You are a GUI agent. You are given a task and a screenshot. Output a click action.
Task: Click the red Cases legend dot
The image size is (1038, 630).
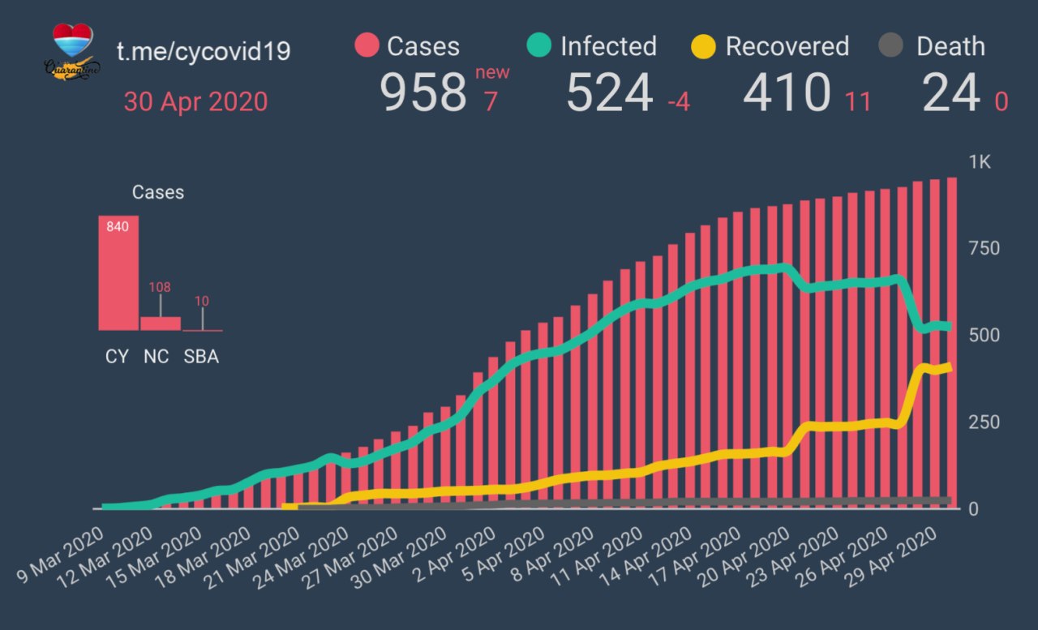(x=367, y=46)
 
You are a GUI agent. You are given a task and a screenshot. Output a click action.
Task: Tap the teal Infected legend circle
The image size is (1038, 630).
(x=538, y=46)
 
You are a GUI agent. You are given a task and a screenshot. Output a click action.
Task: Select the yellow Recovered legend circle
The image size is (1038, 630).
(x=704, y=46)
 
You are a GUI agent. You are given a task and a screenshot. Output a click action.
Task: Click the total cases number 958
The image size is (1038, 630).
(x=423, y=93)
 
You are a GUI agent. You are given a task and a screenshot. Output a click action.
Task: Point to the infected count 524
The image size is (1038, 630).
(x=609, y=93)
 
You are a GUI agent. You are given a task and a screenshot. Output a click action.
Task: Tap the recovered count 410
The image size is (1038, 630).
(x=787, y=93)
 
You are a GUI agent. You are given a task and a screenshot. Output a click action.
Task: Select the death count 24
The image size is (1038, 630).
(x=950, y=93)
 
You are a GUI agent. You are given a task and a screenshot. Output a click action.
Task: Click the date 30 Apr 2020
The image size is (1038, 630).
(x=195, y=102)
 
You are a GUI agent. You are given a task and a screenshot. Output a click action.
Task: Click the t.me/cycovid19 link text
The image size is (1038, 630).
(x=204, y=52)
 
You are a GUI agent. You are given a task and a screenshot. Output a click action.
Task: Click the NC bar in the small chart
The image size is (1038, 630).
(x=161, y=323)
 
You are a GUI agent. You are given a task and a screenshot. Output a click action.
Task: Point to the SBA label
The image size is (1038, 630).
(x=201, y=357)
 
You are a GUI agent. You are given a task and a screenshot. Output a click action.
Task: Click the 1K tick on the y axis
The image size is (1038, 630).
(x=980, y=162)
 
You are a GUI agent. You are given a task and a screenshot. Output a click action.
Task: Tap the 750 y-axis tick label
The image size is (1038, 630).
(x=984, y=248)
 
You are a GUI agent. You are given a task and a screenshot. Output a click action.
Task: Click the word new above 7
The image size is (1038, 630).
(x=492, y=72)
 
